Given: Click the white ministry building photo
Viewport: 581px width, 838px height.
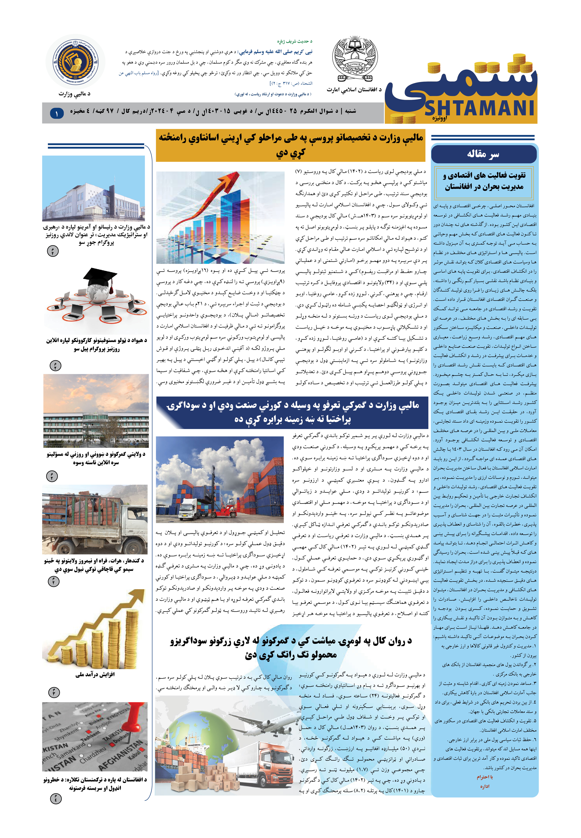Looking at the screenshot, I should click(x=94, y=189).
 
